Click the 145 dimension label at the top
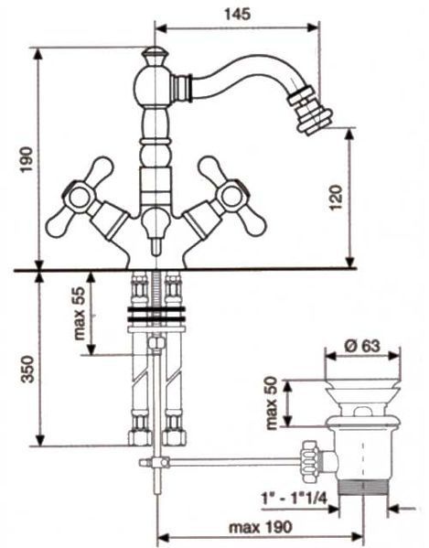(x=237, y=15)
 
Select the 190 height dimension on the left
(x=27, y=160)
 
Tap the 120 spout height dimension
(x=336, y=197)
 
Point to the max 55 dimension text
(x=80, y=314)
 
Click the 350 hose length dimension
(x=27, y=369)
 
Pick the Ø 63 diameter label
(x=362, y=346)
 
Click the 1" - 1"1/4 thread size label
(x=294, y=498)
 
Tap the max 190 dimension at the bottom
(x=260, y=527)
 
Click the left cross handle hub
(x=80, y=196)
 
